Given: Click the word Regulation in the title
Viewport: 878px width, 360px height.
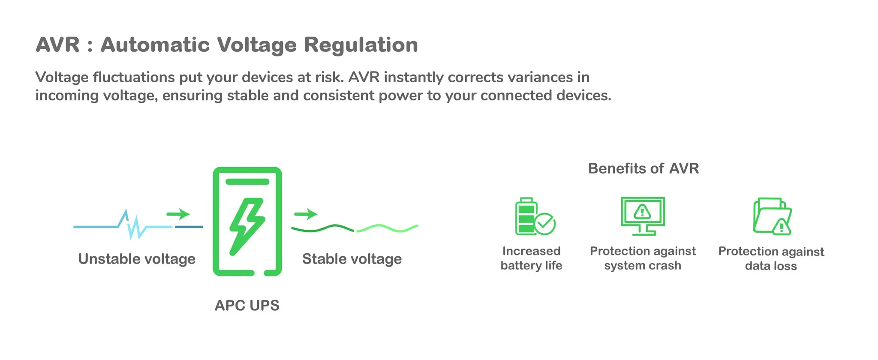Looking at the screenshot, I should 361,45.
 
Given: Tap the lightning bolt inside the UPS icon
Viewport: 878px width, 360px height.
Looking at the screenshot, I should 247,225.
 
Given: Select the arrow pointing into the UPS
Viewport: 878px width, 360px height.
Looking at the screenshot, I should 178,213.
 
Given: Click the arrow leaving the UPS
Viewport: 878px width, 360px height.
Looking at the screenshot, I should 306,213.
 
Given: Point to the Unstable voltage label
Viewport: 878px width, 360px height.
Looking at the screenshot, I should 136,259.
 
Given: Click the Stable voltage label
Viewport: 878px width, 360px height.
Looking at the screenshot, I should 352,259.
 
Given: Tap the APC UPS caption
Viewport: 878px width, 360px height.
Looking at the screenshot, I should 247,305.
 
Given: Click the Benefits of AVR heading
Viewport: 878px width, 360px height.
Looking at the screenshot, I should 643,168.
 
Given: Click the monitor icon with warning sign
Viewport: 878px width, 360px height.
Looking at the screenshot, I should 643,216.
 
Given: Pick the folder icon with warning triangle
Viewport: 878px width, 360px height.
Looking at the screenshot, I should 772,216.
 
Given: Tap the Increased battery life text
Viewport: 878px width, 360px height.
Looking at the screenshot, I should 531,258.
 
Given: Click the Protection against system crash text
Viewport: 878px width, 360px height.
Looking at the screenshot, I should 643,258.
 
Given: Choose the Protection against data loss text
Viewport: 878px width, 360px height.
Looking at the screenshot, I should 771,258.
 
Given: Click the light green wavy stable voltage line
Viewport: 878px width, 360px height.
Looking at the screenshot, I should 387,228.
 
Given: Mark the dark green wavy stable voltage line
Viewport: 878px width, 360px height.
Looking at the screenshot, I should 322,228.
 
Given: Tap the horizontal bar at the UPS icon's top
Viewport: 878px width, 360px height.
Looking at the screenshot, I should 247,182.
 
